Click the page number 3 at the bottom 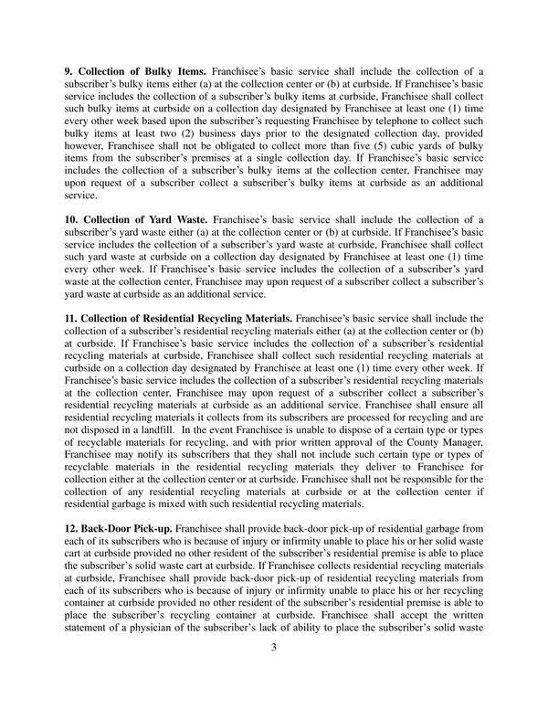tap(273, 648)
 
